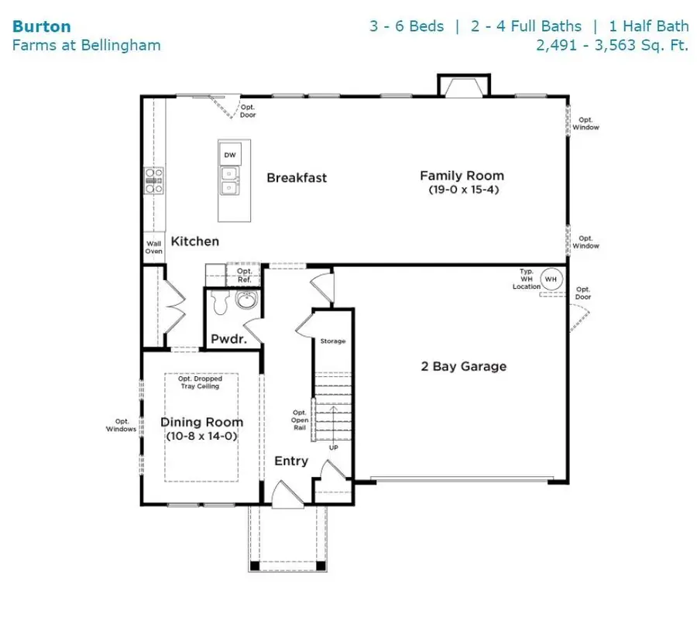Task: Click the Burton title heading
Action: [x=41, y=26]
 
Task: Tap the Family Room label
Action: [x=462, y=176]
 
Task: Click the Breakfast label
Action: [x=297, y=178]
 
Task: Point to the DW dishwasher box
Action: [x=229, y=155]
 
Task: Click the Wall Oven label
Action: [x=154, y=247]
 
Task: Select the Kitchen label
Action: [x=194, y=242]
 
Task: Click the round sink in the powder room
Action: [x=247, y=302]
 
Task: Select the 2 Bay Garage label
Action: [x=462, y=366]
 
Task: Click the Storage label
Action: [x=333, y=341]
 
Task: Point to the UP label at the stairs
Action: [x=334, y=447]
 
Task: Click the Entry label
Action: [x=291, y=461]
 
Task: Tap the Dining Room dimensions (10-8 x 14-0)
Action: [x=201, y=437]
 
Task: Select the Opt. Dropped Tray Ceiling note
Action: [x=201, y=382]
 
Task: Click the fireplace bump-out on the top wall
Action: [x=464, y=85]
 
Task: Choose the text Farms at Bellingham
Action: [x=86, y=45]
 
